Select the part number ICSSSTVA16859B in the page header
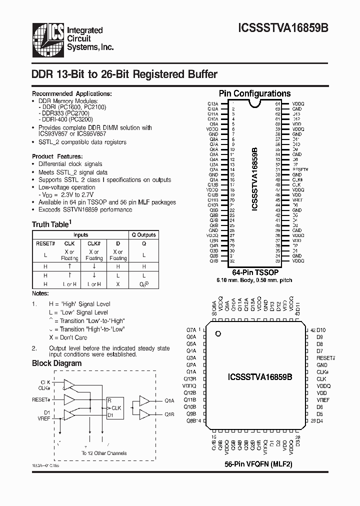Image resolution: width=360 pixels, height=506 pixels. pos(288,29)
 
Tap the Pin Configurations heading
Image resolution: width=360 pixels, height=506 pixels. pos(254,93)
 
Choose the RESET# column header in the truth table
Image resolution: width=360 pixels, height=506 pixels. pos(45,243)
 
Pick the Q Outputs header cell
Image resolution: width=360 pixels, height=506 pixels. pos(143,234)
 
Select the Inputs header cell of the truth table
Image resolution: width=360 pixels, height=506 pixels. pos(81,234)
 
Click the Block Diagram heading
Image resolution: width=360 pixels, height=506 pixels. pos(56,363)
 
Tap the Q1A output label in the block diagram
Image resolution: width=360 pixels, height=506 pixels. pos(169,400)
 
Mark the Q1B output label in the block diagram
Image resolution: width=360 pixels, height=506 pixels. pos(169,414)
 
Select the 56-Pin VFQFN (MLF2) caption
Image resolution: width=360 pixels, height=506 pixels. pos(257,464)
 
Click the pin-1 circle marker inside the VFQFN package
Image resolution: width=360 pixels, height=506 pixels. pos(217,333)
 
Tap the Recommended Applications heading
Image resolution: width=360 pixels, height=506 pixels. pos(72,93)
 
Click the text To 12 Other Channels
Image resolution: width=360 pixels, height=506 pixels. pos(104,453)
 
